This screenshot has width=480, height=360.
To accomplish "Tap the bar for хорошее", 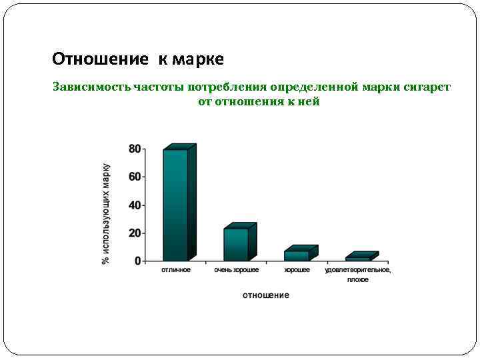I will pos(296,255).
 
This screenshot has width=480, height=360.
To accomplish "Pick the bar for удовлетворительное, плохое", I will pos(357,259).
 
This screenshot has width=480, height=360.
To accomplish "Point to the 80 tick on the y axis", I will pos(135,149).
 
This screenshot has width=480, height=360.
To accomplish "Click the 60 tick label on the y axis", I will pos(135,177).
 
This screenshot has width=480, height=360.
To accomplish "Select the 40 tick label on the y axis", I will pos(135,205).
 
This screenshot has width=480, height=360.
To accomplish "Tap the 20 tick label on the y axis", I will pos(135,233).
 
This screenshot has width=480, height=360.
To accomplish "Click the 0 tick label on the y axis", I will pos(138,261).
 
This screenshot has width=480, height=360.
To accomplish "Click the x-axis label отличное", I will pos(176,270).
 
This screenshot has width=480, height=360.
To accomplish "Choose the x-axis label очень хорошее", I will pos(237,270).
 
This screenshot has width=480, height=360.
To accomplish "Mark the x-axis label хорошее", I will pos(297,270).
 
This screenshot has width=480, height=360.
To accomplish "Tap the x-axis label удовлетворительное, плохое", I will pos(358,275).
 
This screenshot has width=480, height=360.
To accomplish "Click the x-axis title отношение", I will pos(265,295).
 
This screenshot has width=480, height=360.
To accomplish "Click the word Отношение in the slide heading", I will pos(100,59).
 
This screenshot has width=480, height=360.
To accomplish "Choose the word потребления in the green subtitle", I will pos(227,87).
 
